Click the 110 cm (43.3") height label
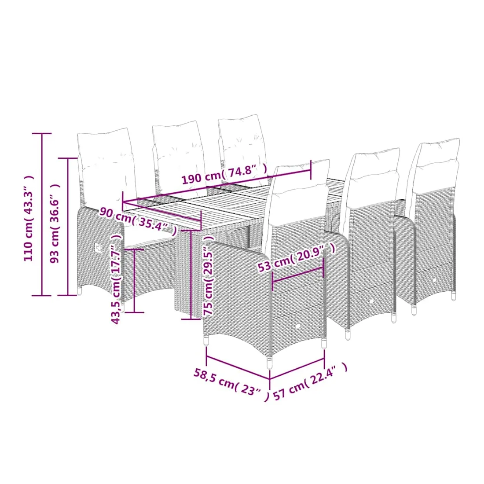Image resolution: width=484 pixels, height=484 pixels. pos(29,219)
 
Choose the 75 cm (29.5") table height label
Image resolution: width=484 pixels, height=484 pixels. pos(209,275)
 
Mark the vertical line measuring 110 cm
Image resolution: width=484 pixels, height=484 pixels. pos(42,215)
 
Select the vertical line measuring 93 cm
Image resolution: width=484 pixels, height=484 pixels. pos(68,227)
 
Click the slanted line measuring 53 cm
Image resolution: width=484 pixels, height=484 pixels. pos(297,275)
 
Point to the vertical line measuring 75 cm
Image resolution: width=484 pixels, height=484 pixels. pos(191,275)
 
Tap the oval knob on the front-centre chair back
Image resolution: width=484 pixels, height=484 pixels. pos(298,326)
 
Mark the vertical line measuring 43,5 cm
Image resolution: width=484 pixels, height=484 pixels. pos(135,281)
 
